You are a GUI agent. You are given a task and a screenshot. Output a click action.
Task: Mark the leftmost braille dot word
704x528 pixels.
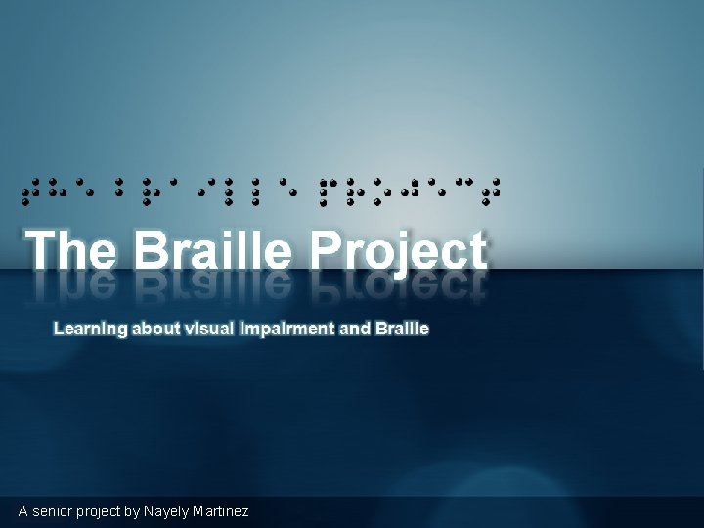coord(58,187)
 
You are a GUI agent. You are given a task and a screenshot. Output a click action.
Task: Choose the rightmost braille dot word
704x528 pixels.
coord(410,187)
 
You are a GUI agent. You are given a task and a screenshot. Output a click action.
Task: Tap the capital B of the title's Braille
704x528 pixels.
coord(154,250)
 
